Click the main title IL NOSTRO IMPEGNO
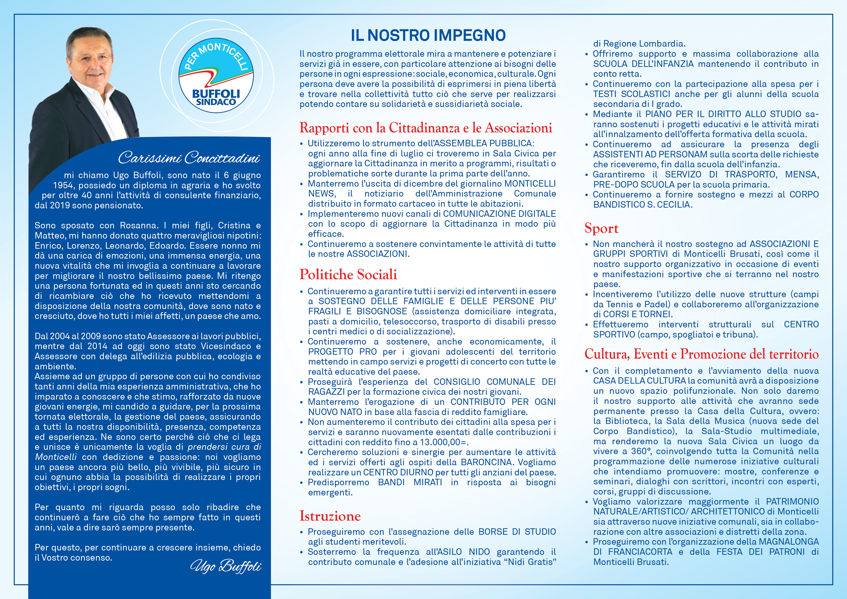coord(428,35)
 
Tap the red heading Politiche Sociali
coord(348,275)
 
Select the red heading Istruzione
coord(330,516)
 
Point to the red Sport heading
coord(601,228)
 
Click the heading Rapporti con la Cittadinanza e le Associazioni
coord(426,128)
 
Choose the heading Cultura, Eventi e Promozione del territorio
coord(701,354)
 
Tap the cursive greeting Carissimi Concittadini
coord(189,158)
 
